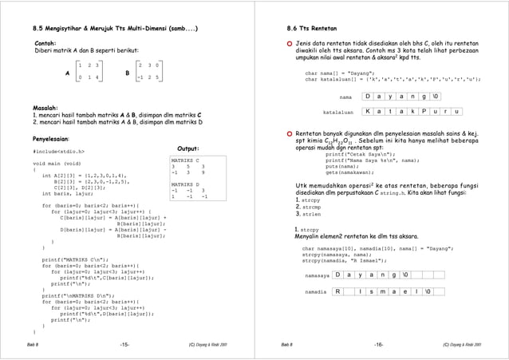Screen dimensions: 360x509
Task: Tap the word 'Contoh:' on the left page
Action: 45,42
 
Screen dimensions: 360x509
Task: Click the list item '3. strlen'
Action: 308,214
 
